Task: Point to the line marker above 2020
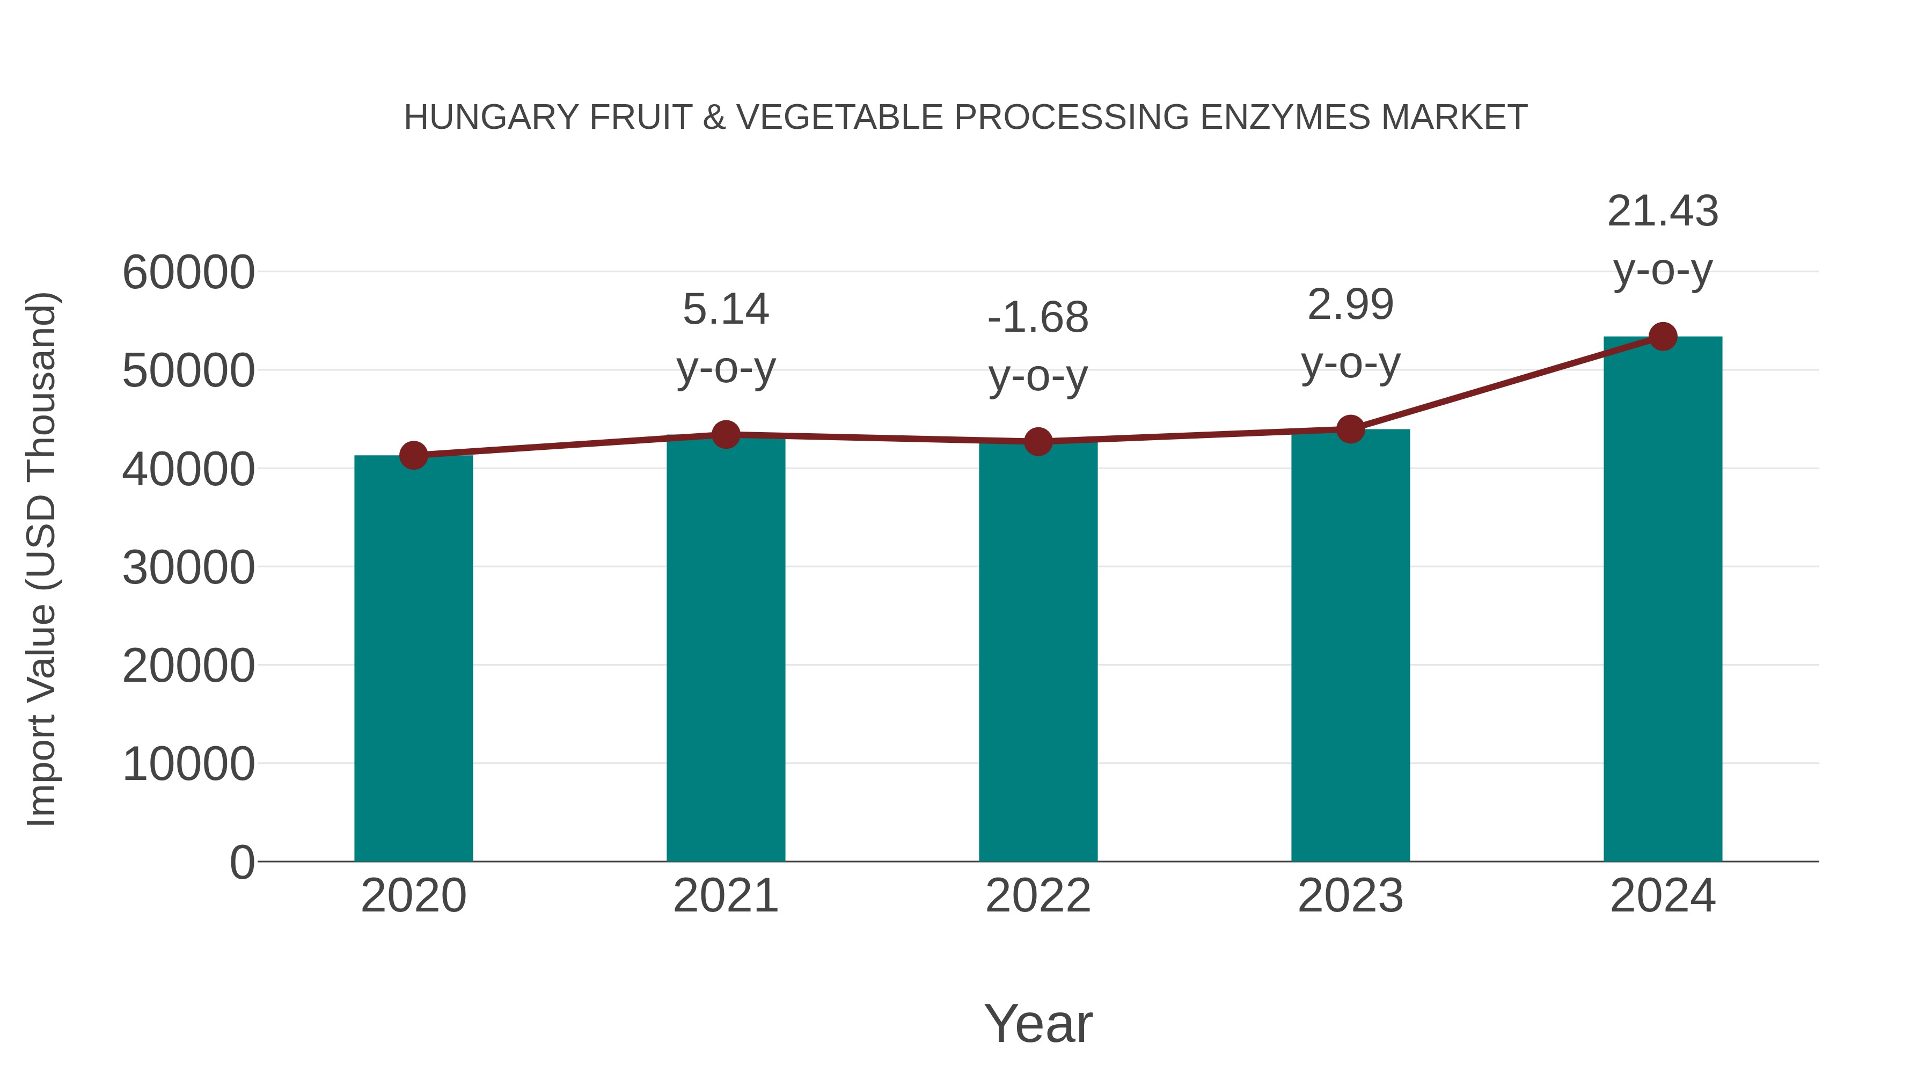click(413, 455)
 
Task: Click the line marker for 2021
click(725, 434)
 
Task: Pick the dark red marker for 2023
click(1350, 429)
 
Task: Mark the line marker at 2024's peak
click(1663, 337)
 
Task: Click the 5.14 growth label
click(725, 309)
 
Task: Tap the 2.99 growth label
click(1350, 304)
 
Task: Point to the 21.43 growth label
click(1663, 211)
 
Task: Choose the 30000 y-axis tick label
click(188, 567)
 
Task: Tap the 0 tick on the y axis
click(241, 862)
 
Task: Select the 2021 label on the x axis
click(725, 896)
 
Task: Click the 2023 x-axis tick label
click(1350, 896)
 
